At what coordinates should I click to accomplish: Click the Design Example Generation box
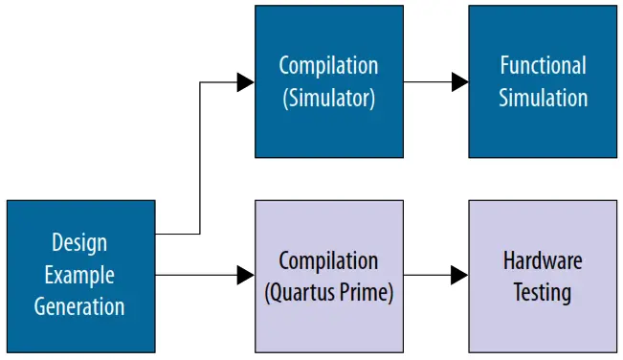[x=80, y=276]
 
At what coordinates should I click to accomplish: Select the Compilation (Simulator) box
[x=328, y=81]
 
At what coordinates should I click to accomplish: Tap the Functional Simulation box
[x=543, y=81]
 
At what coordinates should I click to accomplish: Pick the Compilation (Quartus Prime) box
[x=328, y=276]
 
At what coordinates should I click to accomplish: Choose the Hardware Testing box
[x=543, y=276]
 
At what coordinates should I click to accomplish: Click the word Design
[x=79, y=243]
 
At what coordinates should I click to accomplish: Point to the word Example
[x=79, y=276]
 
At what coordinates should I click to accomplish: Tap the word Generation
[x=79, y=307]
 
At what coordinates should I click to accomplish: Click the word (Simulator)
[x=328, y=98]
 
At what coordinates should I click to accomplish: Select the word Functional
[x=543, y=65]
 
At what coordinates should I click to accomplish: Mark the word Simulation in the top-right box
[x=543, y=98]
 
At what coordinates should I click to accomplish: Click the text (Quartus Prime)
[x=328, y=292]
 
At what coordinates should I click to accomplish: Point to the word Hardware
[x=543, y=260]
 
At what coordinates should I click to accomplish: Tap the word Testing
[x=543, y=292]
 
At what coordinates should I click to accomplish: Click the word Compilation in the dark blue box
[x=328, y=65]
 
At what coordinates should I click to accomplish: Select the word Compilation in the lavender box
[x=328, y=260]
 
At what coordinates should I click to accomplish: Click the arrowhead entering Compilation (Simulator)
[x=246, y=82]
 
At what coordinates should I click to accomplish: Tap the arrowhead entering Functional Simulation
[x=459, y=82]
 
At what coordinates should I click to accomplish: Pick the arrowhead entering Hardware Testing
[x=459, y=276]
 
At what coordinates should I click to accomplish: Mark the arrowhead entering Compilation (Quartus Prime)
[x=246, y=276]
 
